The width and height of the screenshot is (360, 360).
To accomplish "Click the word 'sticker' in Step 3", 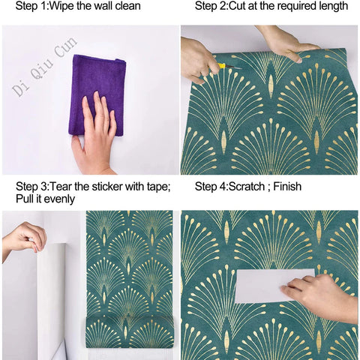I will click(110, 187).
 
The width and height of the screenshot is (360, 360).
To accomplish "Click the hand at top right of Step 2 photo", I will click(289, 41).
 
